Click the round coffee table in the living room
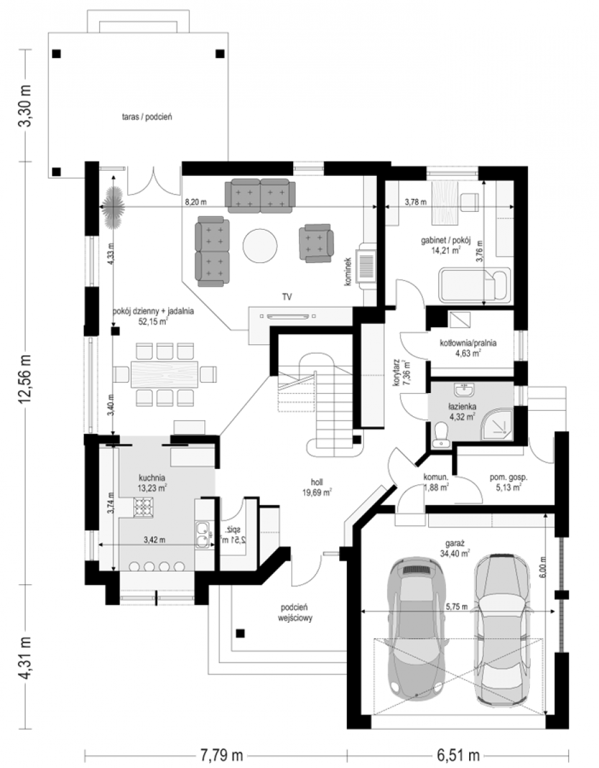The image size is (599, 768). pos(260,246)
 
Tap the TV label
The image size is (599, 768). pos(287,297)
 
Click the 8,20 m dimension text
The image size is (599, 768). pos(196,202)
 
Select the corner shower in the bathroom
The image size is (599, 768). pos(497,424)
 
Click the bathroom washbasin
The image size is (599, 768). pos(465,390)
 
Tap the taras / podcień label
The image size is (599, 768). pos(147,117)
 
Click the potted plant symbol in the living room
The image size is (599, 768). pos(113,207)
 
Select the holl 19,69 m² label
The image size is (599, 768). pos(317,487)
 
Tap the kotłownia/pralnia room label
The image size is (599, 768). pos(468,348)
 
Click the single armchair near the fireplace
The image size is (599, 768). pos(316,243)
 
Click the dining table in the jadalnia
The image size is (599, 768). pos(164,374)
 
